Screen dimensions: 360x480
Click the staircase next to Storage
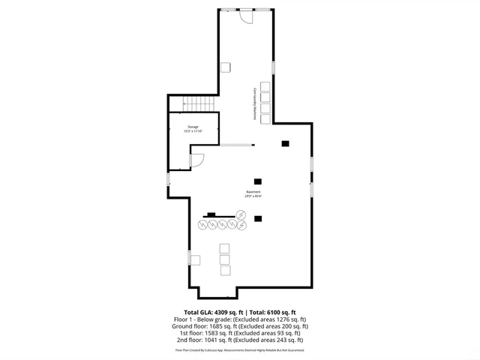[199, 104]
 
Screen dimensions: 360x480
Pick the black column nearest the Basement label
[258, 181]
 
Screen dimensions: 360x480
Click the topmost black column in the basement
[285, 143]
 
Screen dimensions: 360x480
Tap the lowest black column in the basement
[258, 219]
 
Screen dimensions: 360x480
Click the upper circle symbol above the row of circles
[241, 215]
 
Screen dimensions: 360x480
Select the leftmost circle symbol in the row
[203, 225]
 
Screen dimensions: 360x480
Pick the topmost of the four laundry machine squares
[264, 85]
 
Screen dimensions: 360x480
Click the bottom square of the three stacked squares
[223, 271]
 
